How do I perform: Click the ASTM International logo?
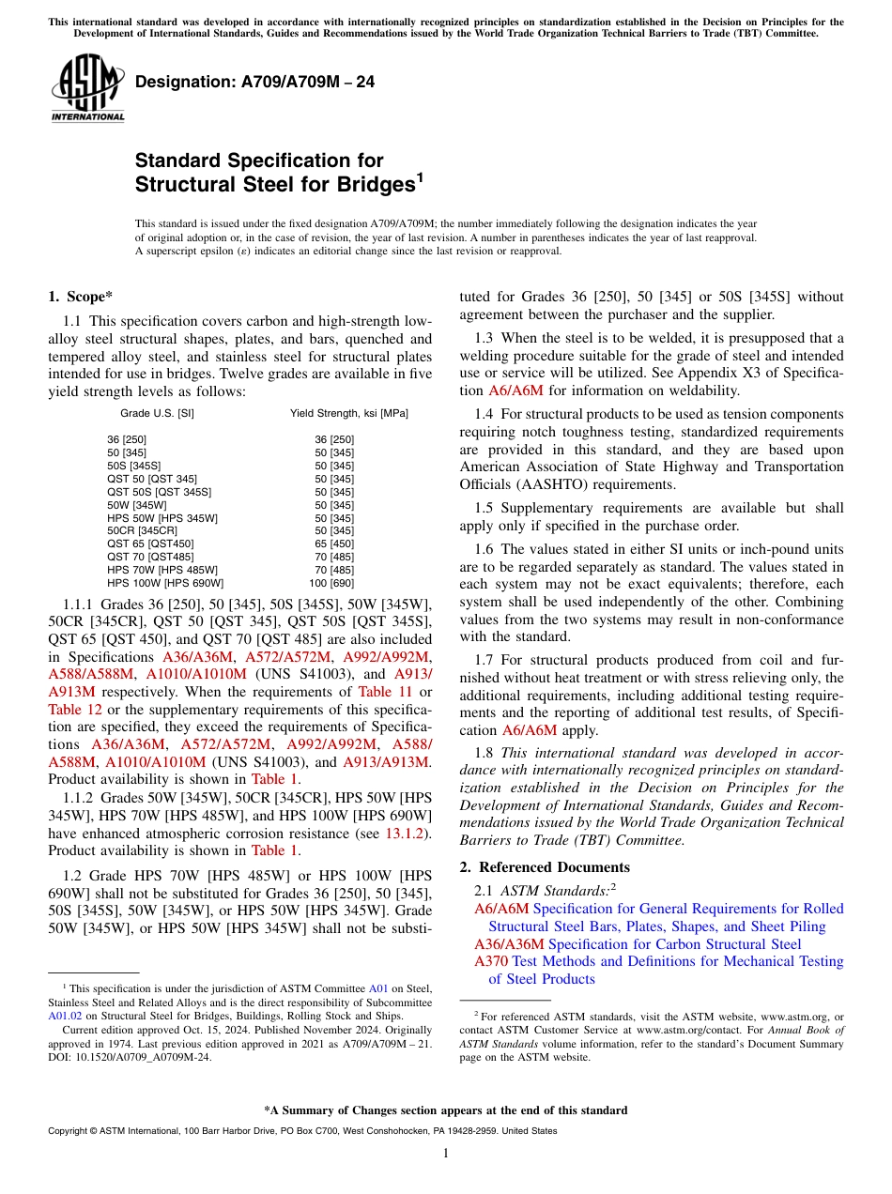87,88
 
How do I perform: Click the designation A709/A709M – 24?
254,83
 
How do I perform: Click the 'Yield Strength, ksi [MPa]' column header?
348,413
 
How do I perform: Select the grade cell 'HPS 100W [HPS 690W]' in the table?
164,582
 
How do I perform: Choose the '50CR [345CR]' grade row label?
142,530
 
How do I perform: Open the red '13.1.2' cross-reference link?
408,833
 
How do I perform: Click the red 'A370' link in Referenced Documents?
490,961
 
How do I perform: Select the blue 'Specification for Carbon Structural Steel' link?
674,943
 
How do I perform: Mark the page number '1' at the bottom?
446,1153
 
